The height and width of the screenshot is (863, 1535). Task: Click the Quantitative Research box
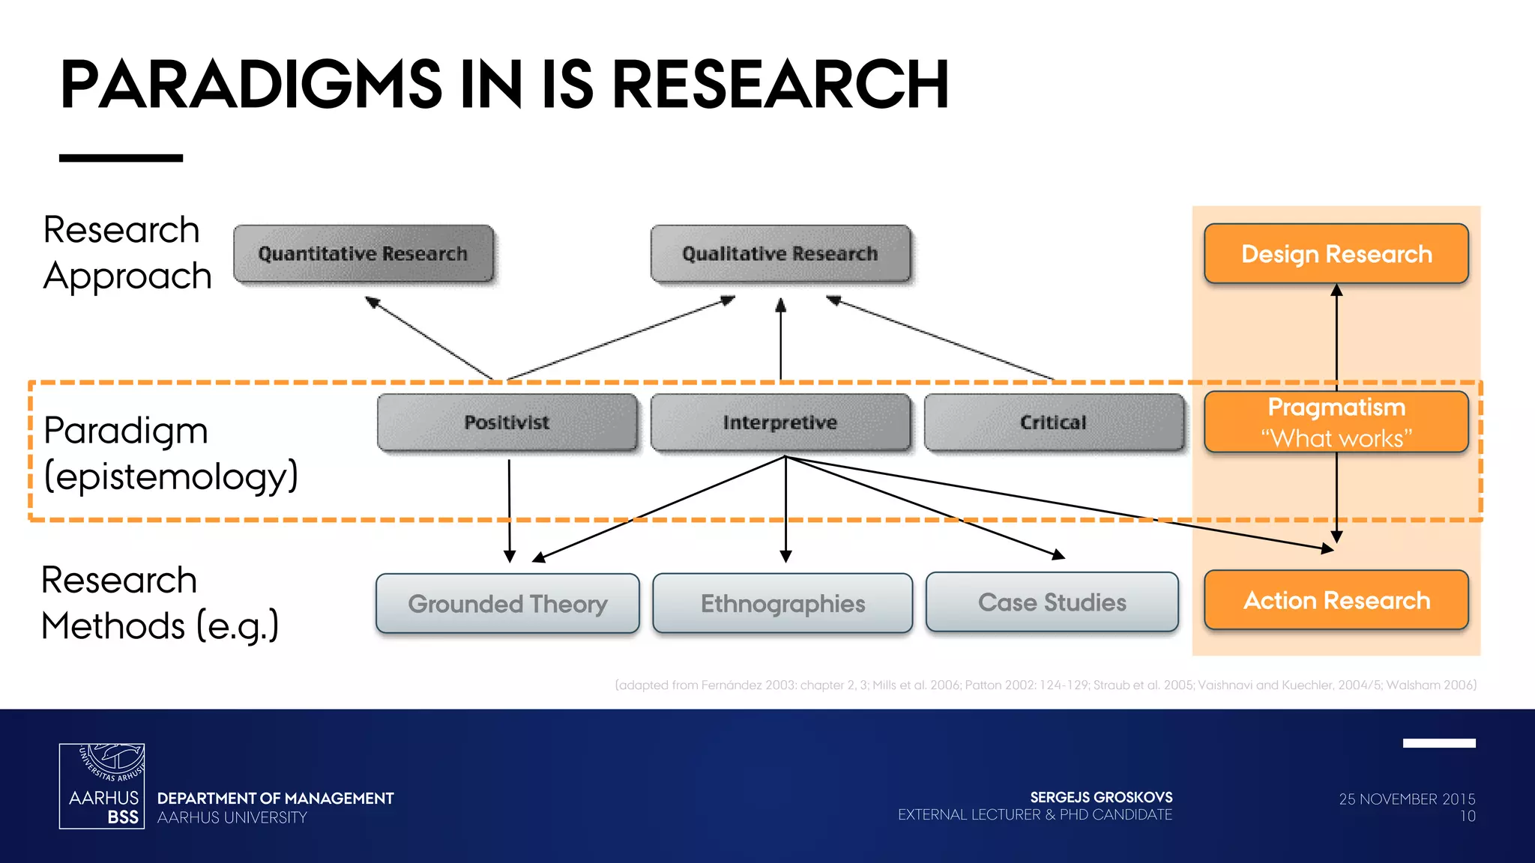point(364,254)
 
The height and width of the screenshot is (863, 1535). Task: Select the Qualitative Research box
point(780,254)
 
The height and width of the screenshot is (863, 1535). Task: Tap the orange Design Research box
point(1336,254)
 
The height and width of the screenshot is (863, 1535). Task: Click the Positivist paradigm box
point(507,423)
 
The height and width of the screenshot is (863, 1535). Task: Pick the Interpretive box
point(780,423)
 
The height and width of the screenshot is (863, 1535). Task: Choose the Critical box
point(1053,423)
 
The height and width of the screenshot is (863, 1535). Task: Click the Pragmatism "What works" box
point(1336,423)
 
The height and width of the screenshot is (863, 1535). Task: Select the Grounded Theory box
point(507,604)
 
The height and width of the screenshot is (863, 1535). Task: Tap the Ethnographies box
point(782,604)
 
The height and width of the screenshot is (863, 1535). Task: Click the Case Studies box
point(1052,602)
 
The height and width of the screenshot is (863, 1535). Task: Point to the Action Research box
point(1336,601)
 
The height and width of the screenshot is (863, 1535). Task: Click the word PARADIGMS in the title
point(251,85)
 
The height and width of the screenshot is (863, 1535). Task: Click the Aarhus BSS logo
point(102,786)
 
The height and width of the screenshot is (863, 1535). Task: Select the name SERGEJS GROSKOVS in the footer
point(1101,797)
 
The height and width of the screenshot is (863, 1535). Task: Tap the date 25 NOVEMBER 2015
point(1407,799)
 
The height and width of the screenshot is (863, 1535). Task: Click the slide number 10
point(1468,817)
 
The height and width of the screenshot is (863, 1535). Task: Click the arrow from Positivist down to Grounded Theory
point(509,509)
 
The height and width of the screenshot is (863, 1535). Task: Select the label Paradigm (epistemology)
point(171,453)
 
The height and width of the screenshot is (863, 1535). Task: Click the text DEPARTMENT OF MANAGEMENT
point(275,799)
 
